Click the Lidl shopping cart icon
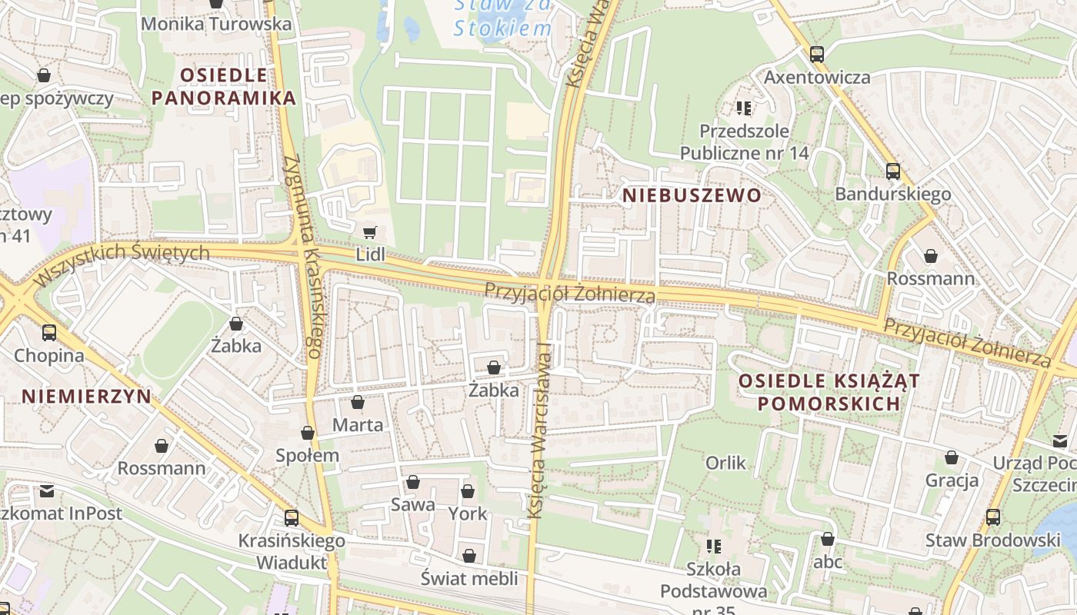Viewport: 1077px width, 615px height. (x=369, y=232)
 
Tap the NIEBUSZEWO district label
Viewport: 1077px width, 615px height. (x=692, y=195)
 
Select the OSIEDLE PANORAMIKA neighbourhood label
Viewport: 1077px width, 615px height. (x=224, y=86)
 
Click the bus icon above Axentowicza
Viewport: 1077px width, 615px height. (x=817, y=55)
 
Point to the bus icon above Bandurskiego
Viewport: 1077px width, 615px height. (x=893, y=171)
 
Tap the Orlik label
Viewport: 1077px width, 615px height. (x=725, y=463)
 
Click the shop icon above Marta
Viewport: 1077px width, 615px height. (x=358, y=402)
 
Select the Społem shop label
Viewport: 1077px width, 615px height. (x=308, y=455)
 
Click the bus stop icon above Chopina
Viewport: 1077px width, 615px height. (x=49, y=333)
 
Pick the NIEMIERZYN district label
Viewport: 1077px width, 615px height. (x=86, y=397)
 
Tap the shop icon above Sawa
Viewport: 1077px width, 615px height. (x=413, y=483)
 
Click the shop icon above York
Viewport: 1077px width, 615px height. (x=468, y=491)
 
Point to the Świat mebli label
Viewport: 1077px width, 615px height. (x=469, y=578)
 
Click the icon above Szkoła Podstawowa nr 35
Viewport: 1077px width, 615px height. (x=713, y=547)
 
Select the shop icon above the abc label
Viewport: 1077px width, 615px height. (x=828, y=540)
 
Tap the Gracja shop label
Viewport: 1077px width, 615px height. (x=952, y=480)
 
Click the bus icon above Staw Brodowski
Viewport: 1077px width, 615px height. (x=993, y=517)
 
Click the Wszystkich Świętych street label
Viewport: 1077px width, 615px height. (x=123, y=260)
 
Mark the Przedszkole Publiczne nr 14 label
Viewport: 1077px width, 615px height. (x=744, y=142)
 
